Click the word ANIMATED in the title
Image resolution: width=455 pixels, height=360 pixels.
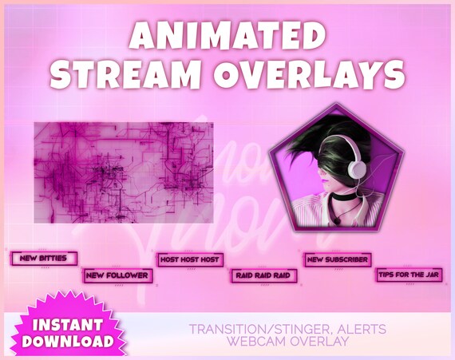click(227, 35)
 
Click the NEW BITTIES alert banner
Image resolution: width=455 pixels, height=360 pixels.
click(44, 259)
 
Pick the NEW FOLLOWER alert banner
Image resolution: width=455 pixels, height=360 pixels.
click(118, 275)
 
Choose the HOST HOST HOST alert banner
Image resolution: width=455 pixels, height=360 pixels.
click(190, 259)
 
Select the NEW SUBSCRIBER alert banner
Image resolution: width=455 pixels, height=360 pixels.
click(337, 259)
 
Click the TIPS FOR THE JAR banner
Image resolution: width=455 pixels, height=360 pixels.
click(409, 275)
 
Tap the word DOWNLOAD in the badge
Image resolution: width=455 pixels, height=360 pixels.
click(68, 341)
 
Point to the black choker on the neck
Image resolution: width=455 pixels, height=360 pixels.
click(344, 196)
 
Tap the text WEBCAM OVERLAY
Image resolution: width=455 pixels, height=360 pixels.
click(287, 342)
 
